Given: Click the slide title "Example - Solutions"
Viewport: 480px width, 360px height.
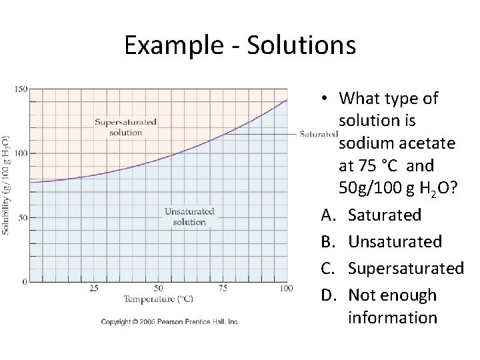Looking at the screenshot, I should click(240, 45).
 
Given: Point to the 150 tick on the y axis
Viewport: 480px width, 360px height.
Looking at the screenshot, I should click(21, 89).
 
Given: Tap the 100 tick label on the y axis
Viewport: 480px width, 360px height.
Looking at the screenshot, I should click(21, 153).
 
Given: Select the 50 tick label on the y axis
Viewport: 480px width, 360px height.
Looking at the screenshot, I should click(23, 218).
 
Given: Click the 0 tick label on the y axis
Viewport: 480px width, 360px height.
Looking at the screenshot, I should click(25, 281).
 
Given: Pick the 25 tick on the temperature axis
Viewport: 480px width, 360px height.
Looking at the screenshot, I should click(94, 289).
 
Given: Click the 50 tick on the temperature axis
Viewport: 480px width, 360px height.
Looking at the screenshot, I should click(158, 289).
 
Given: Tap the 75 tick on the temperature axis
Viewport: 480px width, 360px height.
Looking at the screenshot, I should click(223, 289).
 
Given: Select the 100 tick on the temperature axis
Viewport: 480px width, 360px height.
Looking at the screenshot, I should click(286, 289).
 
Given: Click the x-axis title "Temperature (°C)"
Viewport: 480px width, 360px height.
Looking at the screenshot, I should click(159, 299).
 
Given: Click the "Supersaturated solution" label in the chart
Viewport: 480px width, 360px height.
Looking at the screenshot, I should click(125, 127).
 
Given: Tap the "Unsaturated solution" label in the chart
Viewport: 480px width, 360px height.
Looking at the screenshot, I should click(189, 217).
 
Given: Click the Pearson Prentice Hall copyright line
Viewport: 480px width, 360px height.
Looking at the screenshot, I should click(170, 321).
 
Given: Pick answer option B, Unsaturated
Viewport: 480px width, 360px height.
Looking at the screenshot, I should click(395, 241).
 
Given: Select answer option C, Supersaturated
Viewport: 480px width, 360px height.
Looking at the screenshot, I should click(405, 268).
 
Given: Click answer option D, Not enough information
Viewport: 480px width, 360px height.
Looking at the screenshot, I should click(392, 305).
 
